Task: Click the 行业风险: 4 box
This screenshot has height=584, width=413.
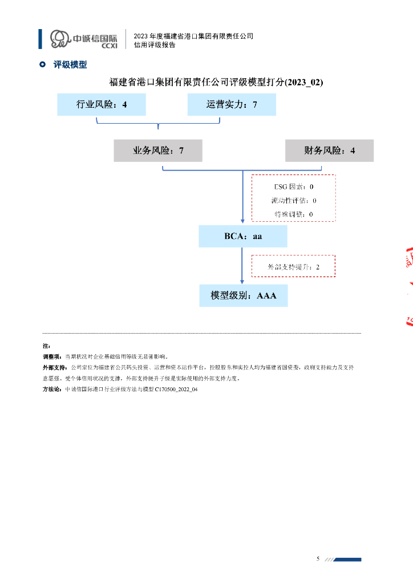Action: (102, 105)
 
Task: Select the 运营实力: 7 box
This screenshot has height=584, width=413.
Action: (232, 105)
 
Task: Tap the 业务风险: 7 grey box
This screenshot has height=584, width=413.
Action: (158, 151)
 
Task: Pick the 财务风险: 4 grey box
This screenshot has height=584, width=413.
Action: (329, 151)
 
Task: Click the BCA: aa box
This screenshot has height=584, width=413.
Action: (243, 236)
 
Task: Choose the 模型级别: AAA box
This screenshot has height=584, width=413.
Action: (243, 295)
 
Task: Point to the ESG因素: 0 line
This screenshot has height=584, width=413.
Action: (294, 186)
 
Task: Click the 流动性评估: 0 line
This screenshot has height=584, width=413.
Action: (294, 201)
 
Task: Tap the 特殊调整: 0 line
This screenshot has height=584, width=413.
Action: (294, 214)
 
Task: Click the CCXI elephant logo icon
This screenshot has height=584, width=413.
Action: (59, 39)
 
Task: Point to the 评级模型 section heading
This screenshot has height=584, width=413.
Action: (70, 65)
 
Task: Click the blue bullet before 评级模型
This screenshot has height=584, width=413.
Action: (42, 65)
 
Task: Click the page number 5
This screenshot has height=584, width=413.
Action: (318, 558)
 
